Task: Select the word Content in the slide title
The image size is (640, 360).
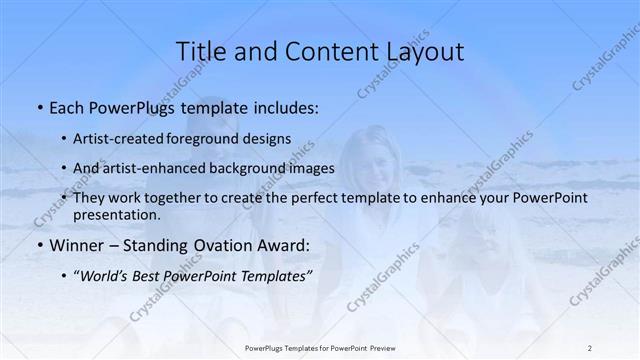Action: tap(322, 51)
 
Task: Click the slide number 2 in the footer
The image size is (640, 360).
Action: tap(590, 347)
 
